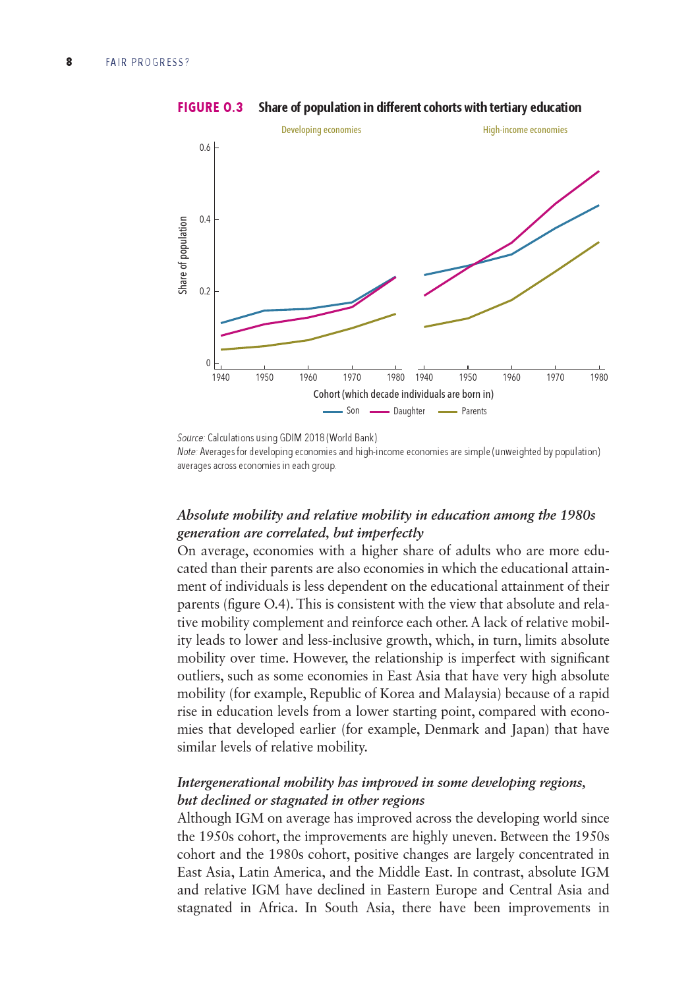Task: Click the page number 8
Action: coord(69,62)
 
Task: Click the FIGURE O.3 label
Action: coord(210,107)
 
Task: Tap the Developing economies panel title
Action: coord(321,130)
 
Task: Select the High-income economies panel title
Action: coord(525,130)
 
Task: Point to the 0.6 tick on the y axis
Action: coord(206,148)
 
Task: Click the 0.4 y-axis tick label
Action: coord(206,219)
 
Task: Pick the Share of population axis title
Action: coord(183,255)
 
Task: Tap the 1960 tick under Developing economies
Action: coord(308,377)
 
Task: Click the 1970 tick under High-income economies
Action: coord(555,377)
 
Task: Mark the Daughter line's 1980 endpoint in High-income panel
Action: coord(598,171)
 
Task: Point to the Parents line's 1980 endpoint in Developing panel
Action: coord(395,314)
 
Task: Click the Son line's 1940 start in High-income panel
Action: coord(425,275)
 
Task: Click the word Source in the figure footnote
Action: coord(190,437)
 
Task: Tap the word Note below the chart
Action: coord(187,452)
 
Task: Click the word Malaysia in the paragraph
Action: coord(471,694)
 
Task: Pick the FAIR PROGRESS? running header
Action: coord(148,63)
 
